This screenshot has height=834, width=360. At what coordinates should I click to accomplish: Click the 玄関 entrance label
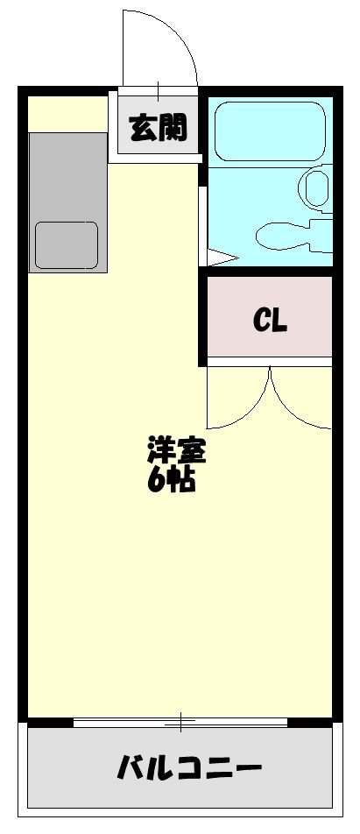point(159,128)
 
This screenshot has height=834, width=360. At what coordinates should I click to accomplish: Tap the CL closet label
point(270,321)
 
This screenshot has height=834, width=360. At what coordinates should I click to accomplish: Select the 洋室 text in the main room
point(176,451)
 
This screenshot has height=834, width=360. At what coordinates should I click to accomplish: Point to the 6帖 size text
point(171,480)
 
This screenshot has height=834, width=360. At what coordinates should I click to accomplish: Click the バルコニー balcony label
point(189,768)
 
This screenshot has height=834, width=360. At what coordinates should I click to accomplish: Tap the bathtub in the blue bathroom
point(270,131)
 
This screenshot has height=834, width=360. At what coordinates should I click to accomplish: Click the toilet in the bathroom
point(317,189)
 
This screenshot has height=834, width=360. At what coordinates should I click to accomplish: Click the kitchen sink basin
point(67,245)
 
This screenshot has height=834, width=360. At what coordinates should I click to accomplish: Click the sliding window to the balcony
point(180,722)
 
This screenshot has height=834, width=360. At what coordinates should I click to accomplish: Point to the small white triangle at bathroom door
point(219,258)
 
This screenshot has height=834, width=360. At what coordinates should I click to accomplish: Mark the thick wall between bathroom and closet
point(270,272)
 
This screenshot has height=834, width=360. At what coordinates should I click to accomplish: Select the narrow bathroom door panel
point(202,225)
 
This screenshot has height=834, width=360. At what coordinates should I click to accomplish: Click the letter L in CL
point(279,321)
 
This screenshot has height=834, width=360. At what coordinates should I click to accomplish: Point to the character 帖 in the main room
point(182,480)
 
